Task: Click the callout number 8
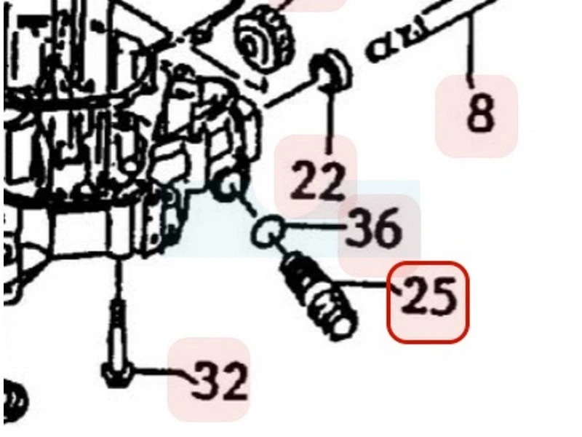(481, 113)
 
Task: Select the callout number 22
(316, 181)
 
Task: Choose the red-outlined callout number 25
(428, 301)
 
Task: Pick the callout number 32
(220, 380)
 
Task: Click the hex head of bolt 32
(116, 375)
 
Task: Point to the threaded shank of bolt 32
(118, 331)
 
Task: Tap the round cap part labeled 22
(330, 71)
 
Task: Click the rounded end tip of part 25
(343, 327)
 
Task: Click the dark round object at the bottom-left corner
(15, 399)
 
